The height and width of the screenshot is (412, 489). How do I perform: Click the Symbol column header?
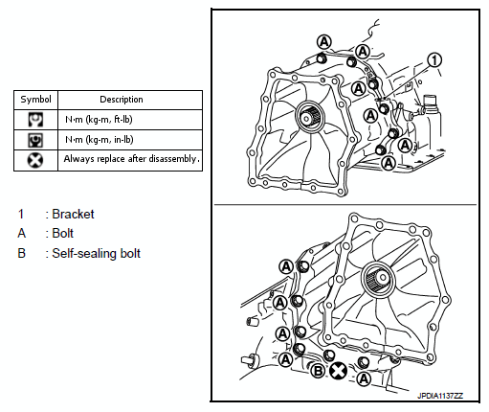35,100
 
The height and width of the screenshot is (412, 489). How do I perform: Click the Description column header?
122,100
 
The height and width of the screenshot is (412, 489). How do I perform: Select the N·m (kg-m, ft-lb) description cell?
99,120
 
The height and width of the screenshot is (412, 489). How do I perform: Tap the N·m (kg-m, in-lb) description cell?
100,140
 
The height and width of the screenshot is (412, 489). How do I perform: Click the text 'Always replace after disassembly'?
130,159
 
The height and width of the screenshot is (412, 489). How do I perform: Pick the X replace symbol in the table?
35,160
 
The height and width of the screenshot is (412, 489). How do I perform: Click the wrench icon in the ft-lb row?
35,120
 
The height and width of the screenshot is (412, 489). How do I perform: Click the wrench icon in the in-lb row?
35,140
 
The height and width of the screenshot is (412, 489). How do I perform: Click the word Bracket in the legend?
73,214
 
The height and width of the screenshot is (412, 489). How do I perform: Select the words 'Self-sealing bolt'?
96,253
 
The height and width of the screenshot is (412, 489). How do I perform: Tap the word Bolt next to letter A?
63,234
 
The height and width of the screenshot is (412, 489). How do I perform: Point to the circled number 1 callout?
434,60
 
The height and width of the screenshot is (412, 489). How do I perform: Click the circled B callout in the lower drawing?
318,371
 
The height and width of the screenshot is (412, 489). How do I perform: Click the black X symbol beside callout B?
338,371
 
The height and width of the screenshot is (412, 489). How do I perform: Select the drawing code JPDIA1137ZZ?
440,396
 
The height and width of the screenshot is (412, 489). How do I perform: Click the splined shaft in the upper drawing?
308,117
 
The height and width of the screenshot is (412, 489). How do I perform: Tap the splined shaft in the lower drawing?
379,279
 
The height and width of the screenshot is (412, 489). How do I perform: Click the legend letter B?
21,253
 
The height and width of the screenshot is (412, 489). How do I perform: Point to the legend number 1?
21,214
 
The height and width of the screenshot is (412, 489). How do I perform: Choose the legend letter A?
21,234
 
